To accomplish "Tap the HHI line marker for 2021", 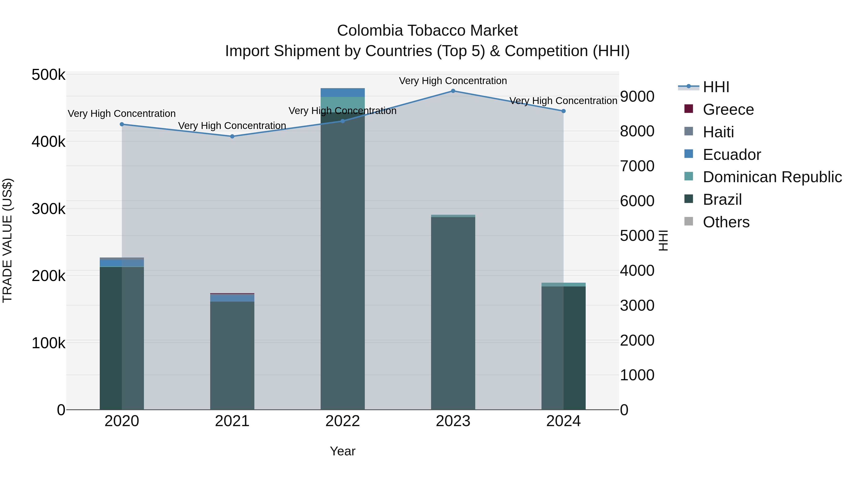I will click(x=232, y=136).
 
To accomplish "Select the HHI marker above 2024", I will click(x=563, y=111).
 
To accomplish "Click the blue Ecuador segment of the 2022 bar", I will click(x=342, y=93).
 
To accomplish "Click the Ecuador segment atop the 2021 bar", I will click(x=232, y=298).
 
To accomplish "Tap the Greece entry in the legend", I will click(x=728, y=110).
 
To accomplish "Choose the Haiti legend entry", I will click(x=718, y=132).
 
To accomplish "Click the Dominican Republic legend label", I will click(x=772, y=177).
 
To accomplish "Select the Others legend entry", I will click(x=726, y=222).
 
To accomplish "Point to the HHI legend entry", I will click(x=716, y=87).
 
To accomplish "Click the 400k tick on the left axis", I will click(x=48, y=142).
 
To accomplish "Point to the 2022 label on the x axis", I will click(x=342, y=421).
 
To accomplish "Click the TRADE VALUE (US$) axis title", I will click(x=7, y=240).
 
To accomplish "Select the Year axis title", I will click(x=342, y=451).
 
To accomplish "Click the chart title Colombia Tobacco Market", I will click(x=427, y=31).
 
